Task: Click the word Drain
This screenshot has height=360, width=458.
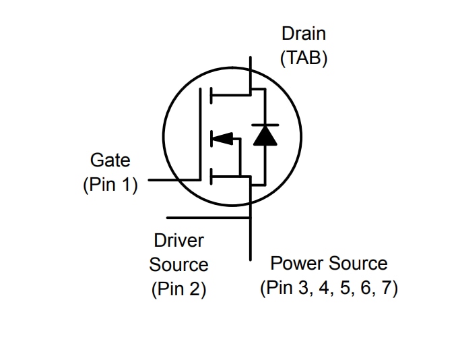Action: point(303,33)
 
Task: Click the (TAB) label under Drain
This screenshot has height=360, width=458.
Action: point(303,58)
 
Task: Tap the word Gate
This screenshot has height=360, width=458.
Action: point(110,160)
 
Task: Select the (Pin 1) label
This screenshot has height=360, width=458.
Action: point(110,185)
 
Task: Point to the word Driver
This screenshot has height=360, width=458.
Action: point(178,240)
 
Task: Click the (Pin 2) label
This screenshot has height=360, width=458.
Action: point(178,289)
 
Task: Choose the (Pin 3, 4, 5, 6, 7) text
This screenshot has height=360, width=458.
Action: point(329,288)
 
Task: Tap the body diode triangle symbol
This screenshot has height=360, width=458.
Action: point(264,136)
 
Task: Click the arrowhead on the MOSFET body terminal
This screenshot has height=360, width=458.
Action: point(222,139)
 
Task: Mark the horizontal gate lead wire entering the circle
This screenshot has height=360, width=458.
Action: point(174,180)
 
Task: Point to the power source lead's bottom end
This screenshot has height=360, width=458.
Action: point(250,258)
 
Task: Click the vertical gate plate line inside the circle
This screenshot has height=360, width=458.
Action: point(201,135)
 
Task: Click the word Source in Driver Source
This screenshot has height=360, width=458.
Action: point(178,265)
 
